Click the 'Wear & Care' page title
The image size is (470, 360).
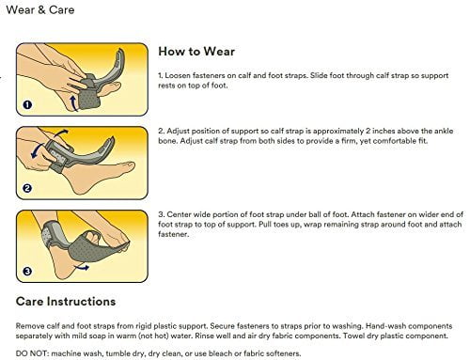40,9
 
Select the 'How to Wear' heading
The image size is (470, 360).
196,52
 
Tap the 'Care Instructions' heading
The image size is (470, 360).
66,302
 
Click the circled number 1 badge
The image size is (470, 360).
27,104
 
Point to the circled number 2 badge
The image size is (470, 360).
27,188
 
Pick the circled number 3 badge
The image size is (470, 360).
27,271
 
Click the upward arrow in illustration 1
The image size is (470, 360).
73,103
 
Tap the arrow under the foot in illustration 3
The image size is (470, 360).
82,268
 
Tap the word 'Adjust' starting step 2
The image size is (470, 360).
178,132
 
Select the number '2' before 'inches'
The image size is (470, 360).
368,131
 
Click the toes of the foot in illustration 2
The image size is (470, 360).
129,166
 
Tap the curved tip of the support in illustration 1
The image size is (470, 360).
120,55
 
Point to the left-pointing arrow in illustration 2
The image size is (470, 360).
38,150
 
